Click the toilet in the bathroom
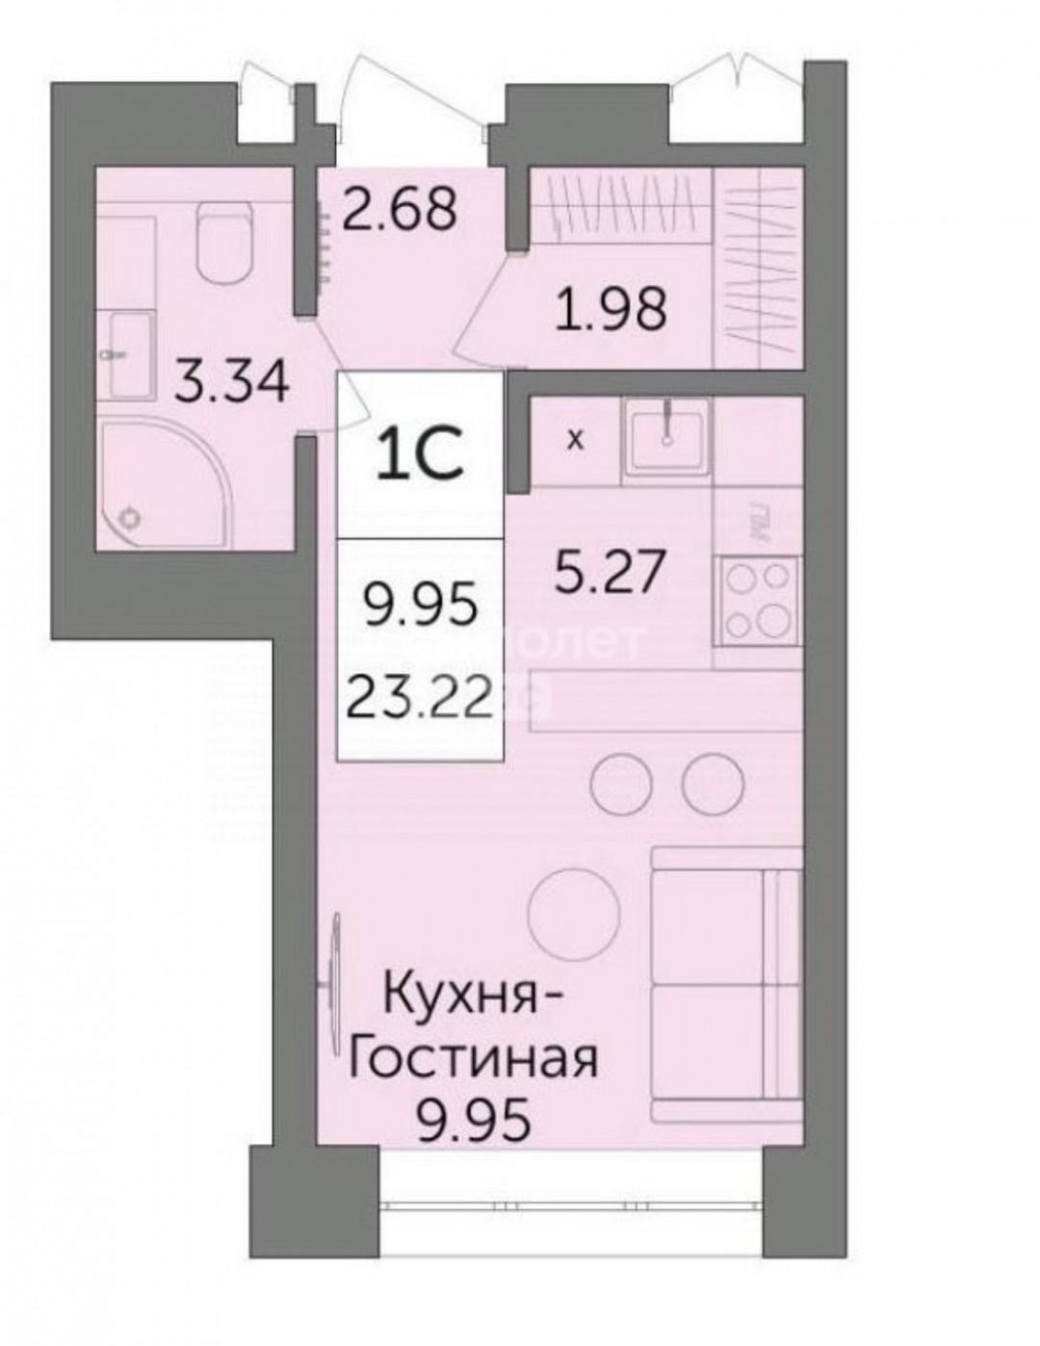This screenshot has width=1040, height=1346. [x=222, y=246]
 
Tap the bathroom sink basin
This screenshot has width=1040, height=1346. [x=131, y=353]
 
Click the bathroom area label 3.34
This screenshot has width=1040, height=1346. [x=231, y=385]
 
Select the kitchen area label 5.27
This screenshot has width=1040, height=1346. [x=610, y=572]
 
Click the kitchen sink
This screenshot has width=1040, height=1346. [x=666, y=437]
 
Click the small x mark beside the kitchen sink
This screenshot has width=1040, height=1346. [x=575, y=442]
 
